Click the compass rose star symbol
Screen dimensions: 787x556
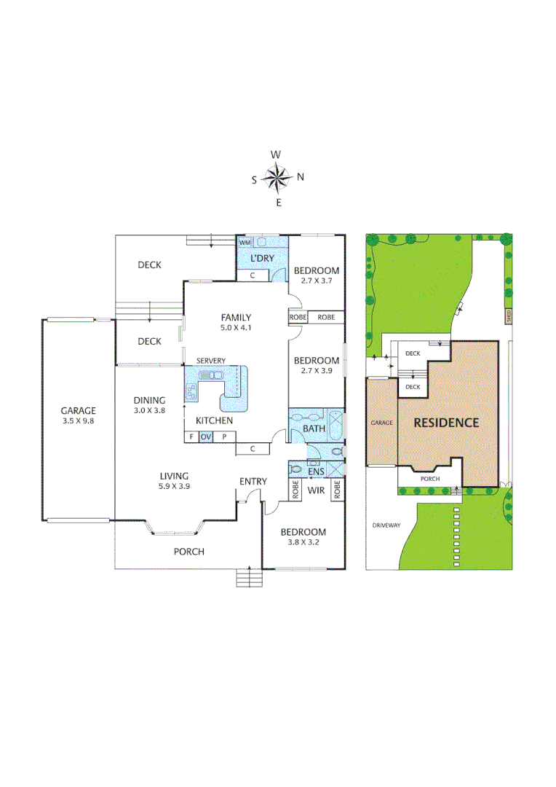coord(277,177)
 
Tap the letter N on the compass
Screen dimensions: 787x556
coord(301,177)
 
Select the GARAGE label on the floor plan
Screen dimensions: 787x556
coord(78,410)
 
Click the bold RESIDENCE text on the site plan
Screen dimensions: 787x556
coord(447,422)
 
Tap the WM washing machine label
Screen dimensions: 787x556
coord(245,242)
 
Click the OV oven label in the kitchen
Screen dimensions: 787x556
coord(206,437)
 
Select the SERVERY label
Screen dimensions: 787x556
coord(210,361)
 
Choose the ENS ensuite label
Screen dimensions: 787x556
coord(316,472)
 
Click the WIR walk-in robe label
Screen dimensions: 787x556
coord(315,491)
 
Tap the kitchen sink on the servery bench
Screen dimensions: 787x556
coord(211,375)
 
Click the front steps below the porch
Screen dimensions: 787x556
coord(248,578)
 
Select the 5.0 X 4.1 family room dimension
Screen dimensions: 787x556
coord(237,328)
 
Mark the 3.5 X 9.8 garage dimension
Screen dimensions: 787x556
coord(78,420)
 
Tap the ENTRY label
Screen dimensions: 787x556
coord(253,482)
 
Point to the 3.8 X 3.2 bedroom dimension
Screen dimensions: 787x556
coord(304,543)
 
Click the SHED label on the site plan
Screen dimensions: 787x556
coord(508,316)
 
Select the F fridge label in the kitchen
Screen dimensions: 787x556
coord(191,437)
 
